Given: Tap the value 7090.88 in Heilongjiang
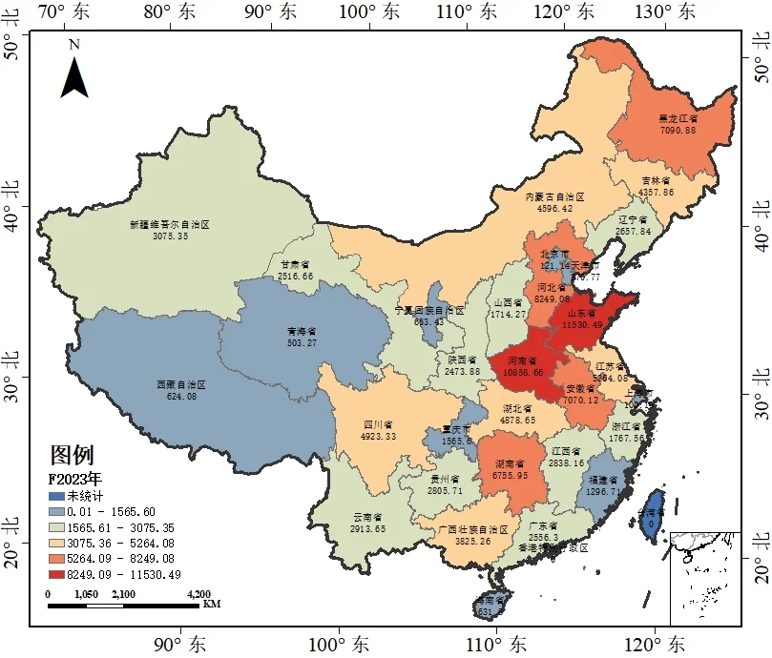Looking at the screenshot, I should tap(678, 130).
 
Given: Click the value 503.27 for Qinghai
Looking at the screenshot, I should tap(302, 342).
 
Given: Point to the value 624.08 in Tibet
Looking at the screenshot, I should tap(181, 396).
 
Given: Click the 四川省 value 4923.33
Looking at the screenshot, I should tap(378, 436).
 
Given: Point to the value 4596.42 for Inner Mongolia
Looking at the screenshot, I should tap(555, 208).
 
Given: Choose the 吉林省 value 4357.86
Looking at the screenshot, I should tap(656, 192).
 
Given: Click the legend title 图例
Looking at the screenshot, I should tap(72, 455).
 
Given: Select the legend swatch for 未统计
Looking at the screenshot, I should tap(57, 497).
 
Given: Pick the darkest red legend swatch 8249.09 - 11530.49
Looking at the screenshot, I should tap(57, 574).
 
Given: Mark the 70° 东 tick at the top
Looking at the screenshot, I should tap(64, 12).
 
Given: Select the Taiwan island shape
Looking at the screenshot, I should tap(653, 513).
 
